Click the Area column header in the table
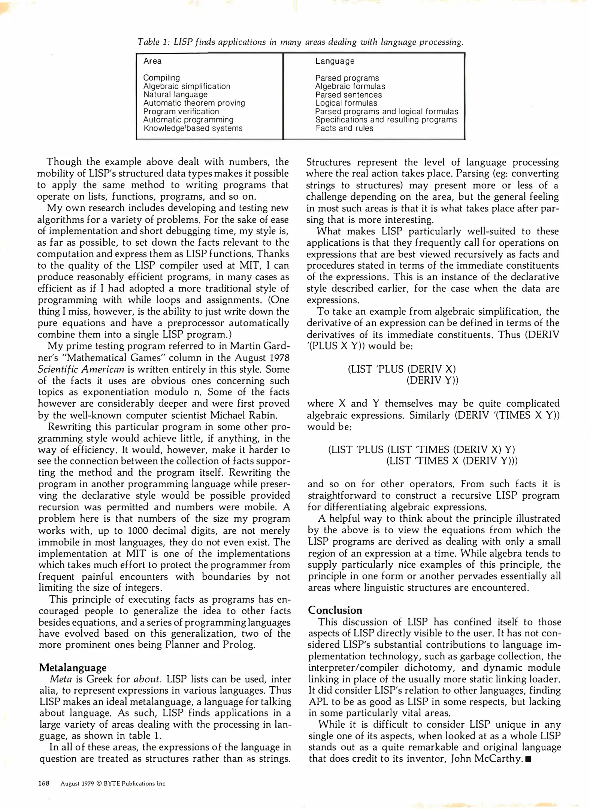coord(152,61)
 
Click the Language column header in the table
coord(335,61)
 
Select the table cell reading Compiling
coord(161,78)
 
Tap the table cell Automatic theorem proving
coord(194,103)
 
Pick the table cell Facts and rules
coord(344,128)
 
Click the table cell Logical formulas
coord(346,103)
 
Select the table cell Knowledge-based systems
coord(193,128)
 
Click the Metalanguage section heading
coord(73,667)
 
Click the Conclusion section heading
coord(335,610)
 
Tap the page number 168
coord(44,783)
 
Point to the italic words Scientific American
coord(81,369)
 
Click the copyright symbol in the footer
coord(99,784)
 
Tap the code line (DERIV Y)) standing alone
coord(432,381)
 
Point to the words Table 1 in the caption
coord(154,42)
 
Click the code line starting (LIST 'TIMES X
coord(452,461)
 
